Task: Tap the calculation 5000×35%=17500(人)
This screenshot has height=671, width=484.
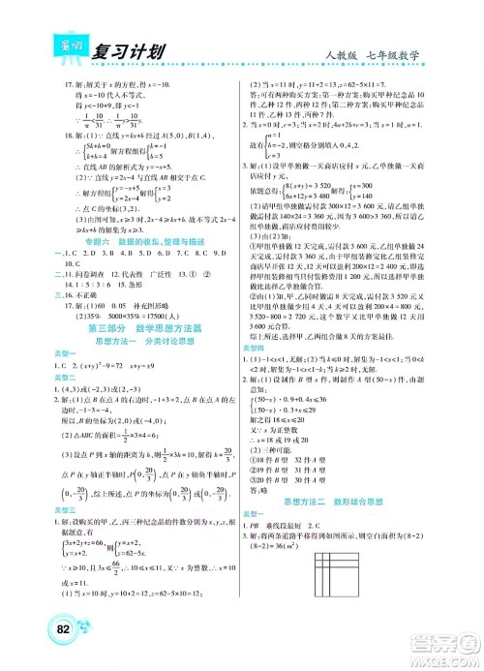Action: tap(121, 317)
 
